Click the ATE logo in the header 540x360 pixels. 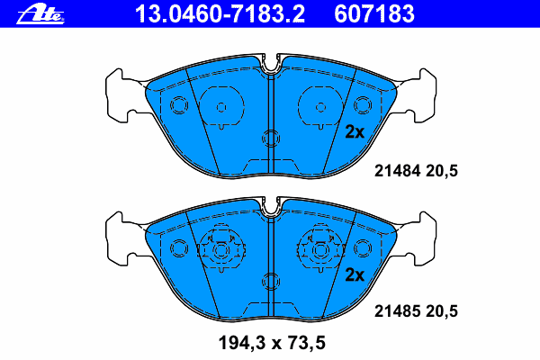tap(40, 14)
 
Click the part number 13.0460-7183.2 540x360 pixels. tap(220, 14)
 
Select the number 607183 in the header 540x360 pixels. tap(374, 14)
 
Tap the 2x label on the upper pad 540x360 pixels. tap(355, 132)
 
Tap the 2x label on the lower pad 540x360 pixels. tap(355, 274)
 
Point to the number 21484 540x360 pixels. tap(398, 171)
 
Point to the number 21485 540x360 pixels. tap(398, 311)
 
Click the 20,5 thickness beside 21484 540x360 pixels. tap(442, 171)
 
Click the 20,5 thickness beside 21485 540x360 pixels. tap(442, 311)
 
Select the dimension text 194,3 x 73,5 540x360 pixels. tap(272, 344)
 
